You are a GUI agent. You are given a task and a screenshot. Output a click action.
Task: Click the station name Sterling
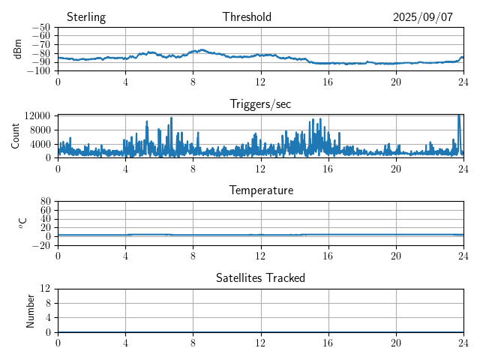(x=86, y=17)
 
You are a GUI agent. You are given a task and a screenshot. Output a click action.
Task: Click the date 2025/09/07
(x=423, y=17)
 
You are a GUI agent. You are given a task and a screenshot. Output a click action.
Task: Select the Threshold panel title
(x=247, y=17)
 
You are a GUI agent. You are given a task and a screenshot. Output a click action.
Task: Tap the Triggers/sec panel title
(x=260, y=104)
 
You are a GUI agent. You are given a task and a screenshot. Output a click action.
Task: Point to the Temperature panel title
(x=261, y=190)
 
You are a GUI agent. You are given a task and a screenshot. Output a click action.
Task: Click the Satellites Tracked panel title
(x=260, y=277)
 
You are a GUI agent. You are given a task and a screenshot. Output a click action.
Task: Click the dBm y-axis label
(x=18, y=49)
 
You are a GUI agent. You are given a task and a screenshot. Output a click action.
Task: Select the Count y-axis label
(x=15, y=136)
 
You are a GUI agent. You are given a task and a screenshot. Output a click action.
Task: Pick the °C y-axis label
(x=23, y=223)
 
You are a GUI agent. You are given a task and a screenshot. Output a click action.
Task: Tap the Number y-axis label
(x=30, y=310)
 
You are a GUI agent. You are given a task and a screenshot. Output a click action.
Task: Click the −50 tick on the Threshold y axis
(x=40, y=28)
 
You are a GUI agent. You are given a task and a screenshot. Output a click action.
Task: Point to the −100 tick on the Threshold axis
(x=37, y=71)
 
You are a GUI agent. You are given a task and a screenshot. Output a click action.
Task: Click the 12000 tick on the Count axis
(x=37, y=115)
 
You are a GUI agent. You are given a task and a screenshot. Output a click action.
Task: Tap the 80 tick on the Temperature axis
(x=45, y=202)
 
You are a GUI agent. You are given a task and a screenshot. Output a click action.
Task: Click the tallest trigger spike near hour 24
(x=459, y=116)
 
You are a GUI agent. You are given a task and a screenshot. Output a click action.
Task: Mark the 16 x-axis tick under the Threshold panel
(x=328, y=81)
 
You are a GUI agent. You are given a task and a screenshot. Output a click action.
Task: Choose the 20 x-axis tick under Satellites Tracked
(x=396, y=342)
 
